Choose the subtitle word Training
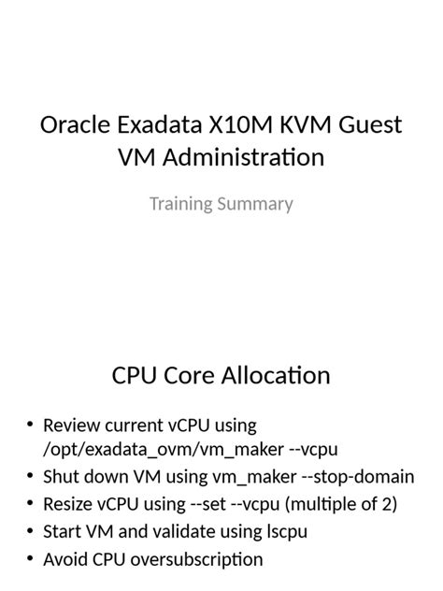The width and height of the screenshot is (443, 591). click(182, 203)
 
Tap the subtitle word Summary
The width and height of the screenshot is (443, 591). click(257, 203)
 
